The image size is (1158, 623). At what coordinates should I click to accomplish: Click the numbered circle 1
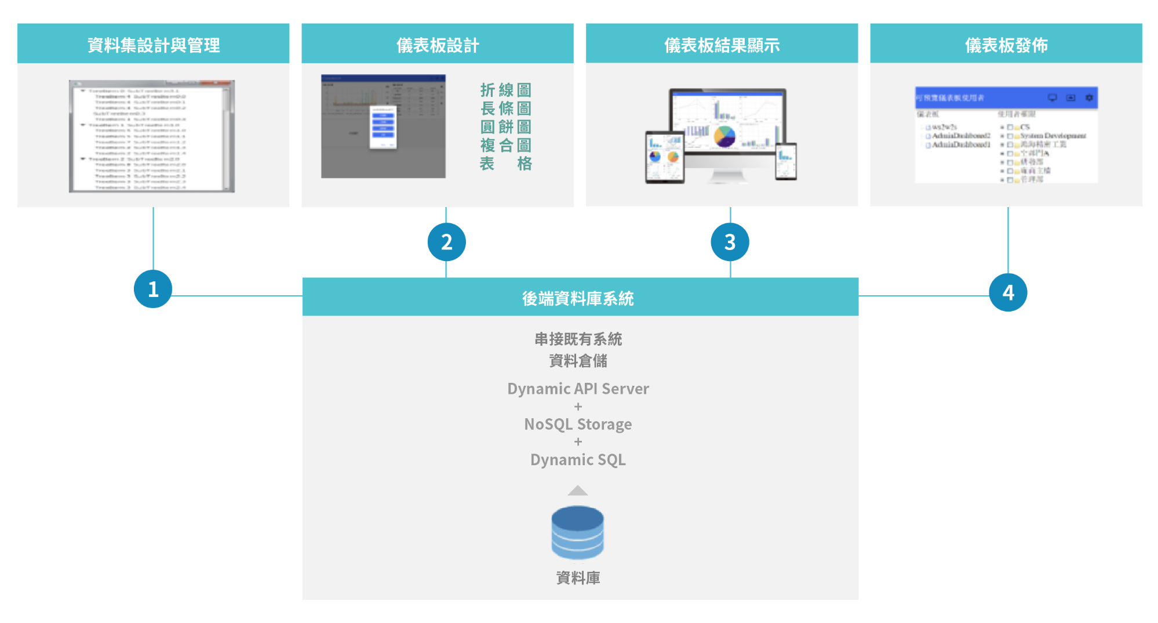[153, 289]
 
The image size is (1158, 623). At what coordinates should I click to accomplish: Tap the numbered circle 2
[446, 242]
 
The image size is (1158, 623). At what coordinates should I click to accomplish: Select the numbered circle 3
[730, 242]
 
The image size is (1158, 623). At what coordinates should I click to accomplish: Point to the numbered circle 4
[1008, 292]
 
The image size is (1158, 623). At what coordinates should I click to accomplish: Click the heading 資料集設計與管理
[154, 45]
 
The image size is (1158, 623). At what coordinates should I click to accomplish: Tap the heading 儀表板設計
[438, 45]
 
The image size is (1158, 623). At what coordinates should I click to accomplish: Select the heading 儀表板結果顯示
[722, 45]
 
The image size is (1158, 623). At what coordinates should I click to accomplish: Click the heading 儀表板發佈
[1006, 45]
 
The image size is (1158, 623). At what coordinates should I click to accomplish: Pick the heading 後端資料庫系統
[578, 298]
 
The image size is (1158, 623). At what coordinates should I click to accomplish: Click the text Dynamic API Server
[578, 389]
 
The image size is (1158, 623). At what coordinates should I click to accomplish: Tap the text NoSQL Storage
[578, 424]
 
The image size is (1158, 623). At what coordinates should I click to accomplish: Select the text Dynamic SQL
[578, 459]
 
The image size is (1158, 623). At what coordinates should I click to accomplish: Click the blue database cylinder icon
[577, 533]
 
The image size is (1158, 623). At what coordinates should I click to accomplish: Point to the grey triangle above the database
[578, 491]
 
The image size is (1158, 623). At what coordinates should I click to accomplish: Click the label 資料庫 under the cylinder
[578, 578]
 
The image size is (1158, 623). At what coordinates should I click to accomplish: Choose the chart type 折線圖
[505, 90]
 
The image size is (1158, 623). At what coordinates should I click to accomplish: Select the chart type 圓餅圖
[505, 126]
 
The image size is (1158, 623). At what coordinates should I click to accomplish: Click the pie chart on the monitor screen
[724, 137]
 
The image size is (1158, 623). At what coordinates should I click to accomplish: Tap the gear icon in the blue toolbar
[1089, 97]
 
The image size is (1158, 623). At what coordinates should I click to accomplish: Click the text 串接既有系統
[578, 339]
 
